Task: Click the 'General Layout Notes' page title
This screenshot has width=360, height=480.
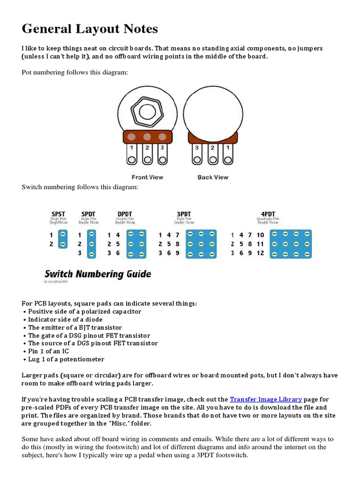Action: [90, 30]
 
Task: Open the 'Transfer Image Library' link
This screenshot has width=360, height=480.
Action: [266, 399]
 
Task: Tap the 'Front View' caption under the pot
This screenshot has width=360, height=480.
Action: [147, 177]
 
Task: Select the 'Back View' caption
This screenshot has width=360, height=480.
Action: [213, 177]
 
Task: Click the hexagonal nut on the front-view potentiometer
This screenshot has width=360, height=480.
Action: [147, 112]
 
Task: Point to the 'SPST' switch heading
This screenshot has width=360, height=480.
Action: [59, 214]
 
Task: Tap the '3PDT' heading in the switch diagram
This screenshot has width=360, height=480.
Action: [184, 214]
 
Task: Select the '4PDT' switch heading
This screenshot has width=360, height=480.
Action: [268, 214]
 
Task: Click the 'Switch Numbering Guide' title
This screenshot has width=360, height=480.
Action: [98, 274]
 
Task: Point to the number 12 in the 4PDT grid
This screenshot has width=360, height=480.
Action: [260, 253]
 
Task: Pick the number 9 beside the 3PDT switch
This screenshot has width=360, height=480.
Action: [178, 253]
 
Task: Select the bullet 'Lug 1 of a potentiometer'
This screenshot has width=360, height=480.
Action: [66, 359]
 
